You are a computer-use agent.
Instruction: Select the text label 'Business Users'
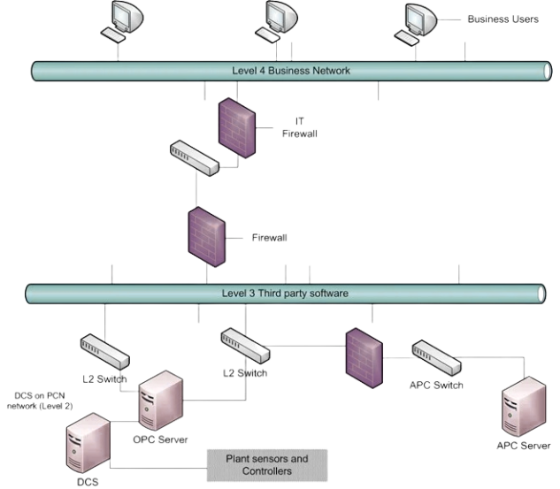(x=502, y=19)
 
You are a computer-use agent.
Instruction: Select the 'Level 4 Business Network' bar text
(x=280, y=71)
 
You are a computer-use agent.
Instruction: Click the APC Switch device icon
(x=435, y=357)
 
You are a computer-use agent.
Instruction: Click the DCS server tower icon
(x=86, y=447)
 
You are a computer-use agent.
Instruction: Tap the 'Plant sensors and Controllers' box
(x=266, y=465)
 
